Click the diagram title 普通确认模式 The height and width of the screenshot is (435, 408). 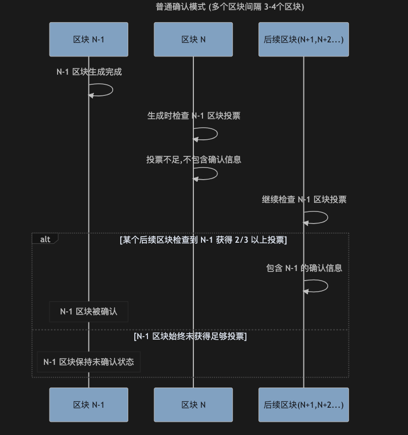(230, 7)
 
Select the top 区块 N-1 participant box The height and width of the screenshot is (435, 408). (89, 39)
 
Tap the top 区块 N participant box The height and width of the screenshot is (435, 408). (193, 39)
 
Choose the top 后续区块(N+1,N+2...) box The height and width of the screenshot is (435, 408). (303, 39)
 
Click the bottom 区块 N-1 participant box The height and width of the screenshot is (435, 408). (89, 405)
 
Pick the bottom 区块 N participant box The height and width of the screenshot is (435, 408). (193, 405)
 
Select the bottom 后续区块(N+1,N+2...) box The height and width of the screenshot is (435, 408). (303, 405)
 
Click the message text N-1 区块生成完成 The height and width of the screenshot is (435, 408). (89, 72)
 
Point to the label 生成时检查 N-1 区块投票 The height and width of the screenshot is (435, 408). (193, 116)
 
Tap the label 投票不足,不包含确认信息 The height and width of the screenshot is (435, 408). (193, 160)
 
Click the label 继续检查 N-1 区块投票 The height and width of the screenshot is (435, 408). (304, 200)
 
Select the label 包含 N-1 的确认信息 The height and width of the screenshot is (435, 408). (304, 268)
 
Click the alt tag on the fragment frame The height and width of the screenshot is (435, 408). (45, 239)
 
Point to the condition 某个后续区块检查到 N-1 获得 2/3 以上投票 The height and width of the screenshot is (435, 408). (203, 240)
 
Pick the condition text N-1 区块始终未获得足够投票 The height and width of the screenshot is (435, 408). (190, 336)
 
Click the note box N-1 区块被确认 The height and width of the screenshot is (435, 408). (89, 311)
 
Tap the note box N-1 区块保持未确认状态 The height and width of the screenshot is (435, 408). (89, 362)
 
